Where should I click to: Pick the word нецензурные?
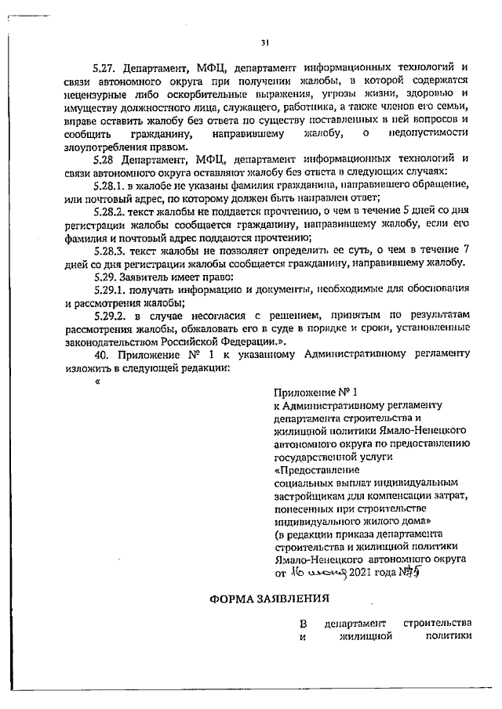pyautogui.click(x=96, y=94)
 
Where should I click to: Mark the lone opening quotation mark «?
pyautogui.click(x=97, y=383)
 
